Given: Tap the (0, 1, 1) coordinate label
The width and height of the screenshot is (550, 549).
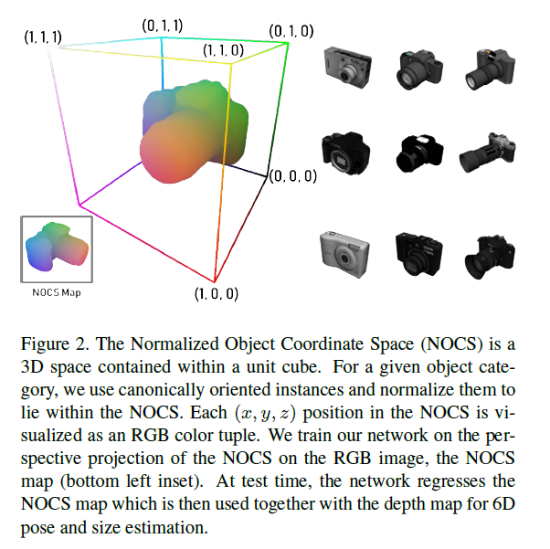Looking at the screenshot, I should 161,26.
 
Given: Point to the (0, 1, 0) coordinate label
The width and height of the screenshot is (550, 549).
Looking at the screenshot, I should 291,31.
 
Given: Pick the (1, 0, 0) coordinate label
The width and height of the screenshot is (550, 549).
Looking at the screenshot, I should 216,294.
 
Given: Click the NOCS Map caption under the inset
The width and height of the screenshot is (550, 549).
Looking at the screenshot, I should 57,293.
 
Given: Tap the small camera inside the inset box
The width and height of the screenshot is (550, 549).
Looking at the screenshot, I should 57,248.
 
